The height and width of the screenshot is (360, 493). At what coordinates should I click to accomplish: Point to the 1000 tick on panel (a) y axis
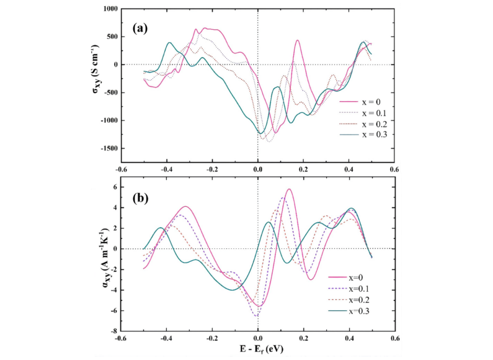[110, 9]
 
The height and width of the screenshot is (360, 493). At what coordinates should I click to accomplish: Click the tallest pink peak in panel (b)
[289, 189]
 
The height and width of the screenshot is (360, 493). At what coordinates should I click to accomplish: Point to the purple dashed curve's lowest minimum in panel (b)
[256, 317]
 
